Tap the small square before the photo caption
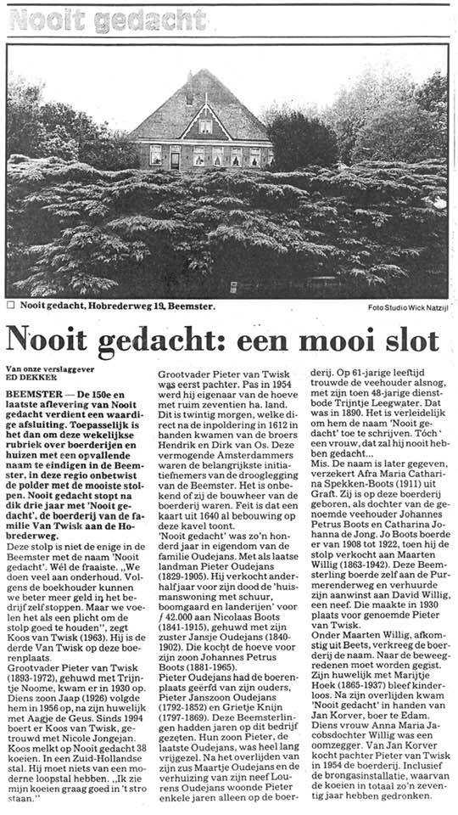click(10, 305)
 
